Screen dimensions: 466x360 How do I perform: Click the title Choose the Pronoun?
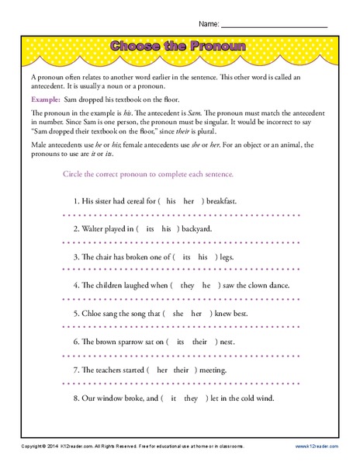point(179,47)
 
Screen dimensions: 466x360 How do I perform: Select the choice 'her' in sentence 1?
point(189,200)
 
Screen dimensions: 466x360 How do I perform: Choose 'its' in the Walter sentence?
point(149,228)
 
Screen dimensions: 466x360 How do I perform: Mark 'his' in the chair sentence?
point(201,256)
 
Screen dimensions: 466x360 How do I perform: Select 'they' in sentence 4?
point(186,285)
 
